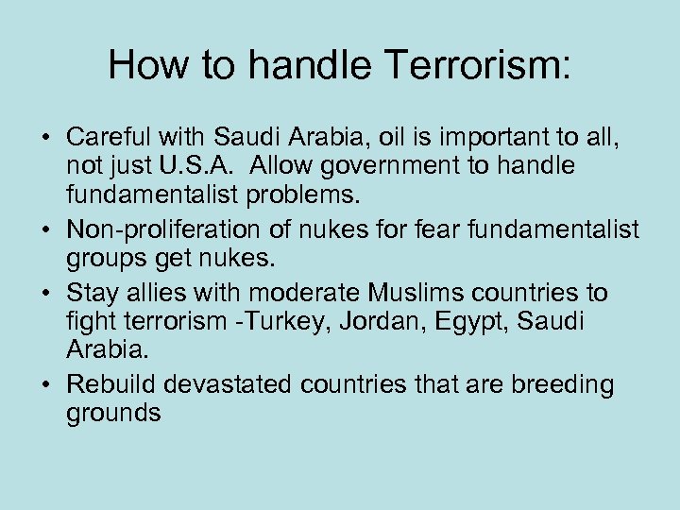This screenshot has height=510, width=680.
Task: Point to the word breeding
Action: (563, 384)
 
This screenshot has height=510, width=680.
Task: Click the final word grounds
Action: (113, 413)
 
